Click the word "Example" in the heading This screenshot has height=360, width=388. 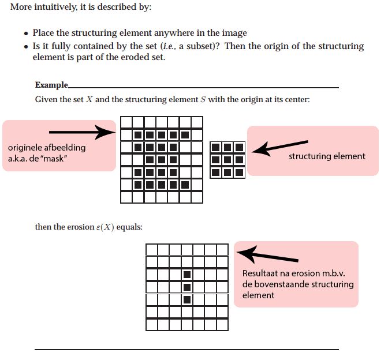51,85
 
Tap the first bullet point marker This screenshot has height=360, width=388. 27,33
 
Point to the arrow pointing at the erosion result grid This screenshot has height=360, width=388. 268,255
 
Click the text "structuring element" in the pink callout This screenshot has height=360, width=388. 327,156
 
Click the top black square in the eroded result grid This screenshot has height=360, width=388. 186,275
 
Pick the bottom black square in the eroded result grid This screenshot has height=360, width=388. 186,299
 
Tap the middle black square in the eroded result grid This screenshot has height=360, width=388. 186,287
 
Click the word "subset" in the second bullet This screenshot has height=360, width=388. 203,46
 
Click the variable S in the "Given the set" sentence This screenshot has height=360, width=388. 203,100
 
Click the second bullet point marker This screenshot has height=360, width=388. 27,46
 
